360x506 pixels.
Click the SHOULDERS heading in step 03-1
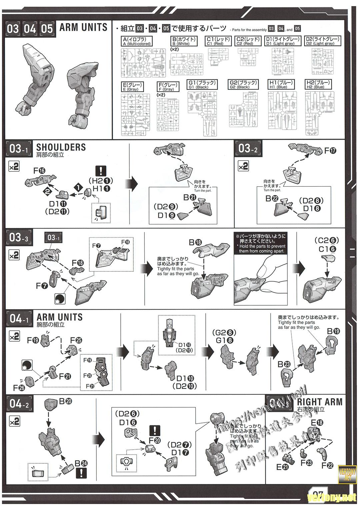(61, 147)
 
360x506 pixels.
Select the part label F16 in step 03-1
(39, 171)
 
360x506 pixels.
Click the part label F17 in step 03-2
(330, 150)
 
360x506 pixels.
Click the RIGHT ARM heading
(319, 402)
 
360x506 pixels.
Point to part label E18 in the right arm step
(317, 422)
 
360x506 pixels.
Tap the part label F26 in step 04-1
(19, 388)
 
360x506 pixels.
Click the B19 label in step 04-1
(333, 331)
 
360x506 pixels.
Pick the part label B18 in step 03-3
(195, 242)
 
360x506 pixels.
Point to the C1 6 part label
(327, 249)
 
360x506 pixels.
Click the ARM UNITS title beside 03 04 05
(83, 27)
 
